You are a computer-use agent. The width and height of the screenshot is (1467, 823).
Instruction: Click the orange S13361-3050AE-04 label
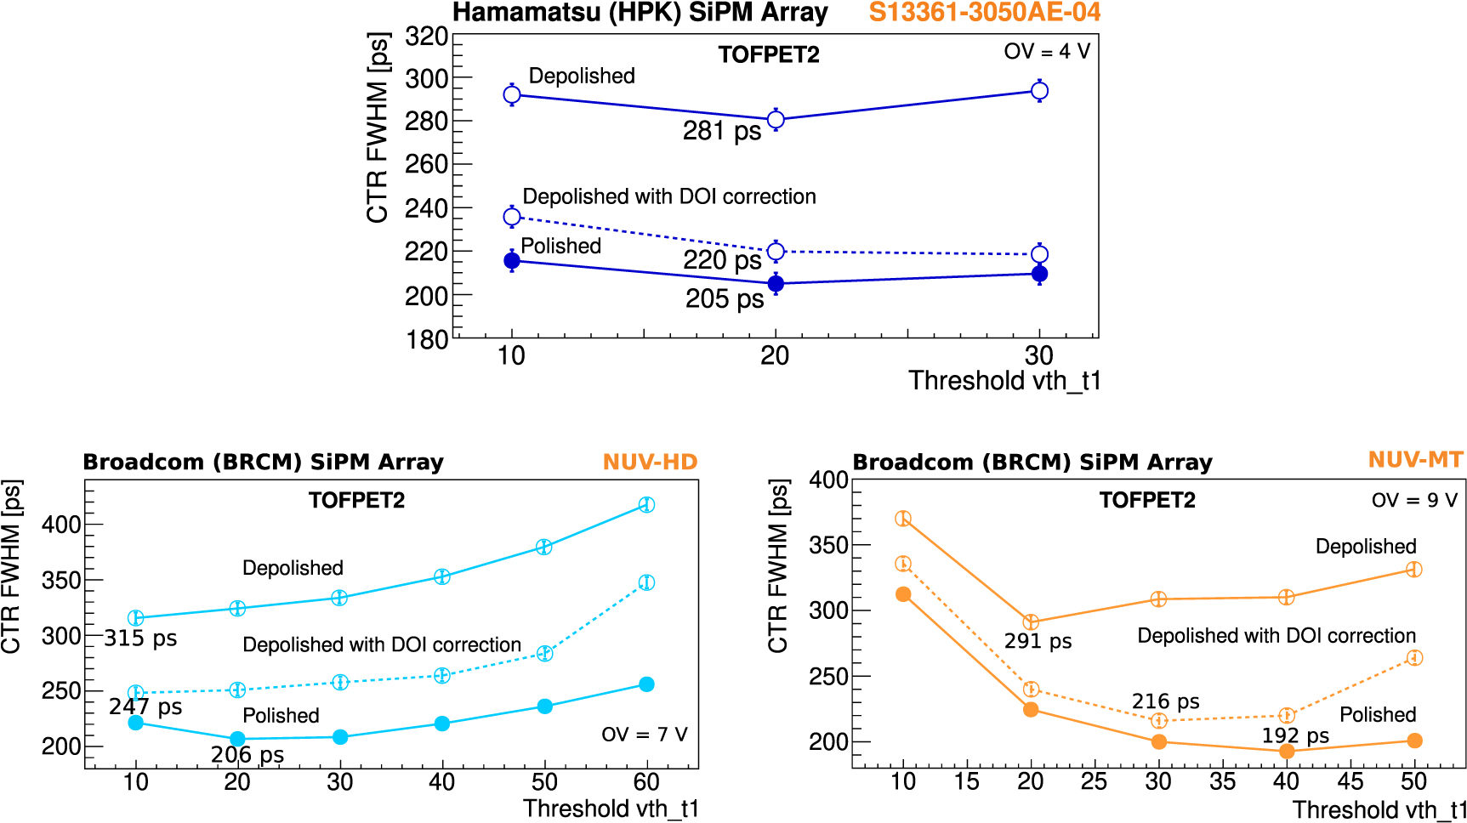coord(984,13)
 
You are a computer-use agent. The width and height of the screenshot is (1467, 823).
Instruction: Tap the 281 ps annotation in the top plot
coord(722,131)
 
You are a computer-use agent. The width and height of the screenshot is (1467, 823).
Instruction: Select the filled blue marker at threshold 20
coord(776,283)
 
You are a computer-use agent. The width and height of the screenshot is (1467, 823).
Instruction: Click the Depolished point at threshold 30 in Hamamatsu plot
coord(1039,91)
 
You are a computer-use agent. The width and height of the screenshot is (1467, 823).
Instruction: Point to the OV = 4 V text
coord(1047,51)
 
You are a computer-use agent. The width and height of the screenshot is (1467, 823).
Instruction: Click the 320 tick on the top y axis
coord(426,37)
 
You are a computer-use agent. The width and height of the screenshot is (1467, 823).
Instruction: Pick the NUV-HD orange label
coord(650,462)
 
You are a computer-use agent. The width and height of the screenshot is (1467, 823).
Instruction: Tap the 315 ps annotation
coord(140,638)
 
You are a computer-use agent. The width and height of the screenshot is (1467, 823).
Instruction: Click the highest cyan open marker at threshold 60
coord(646,504)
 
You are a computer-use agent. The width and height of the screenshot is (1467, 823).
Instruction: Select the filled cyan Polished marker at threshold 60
coord(646,684)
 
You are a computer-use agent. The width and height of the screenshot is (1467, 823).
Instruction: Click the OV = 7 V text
coord(644,734)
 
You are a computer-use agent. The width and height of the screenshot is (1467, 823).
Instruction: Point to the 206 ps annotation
coord(247,755)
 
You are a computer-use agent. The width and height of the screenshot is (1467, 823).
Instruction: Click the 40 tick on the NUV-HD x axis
coord(441,782)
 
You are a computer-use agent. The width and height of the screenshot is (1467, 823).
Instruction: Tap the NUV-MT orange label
coord(1415,460)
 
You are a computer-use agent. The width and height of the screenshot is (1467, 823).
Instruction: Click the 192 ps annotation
coord(1295,735)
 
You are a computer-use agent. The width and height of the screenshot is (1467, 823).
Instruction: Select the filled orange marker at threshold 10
coord(903,594)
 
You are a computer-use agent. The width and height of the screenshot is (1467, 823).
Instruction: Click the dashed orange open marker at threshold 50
coord(1414,657)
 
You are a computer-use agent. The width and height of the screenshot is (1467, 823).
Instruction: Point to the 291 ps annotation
coord(1038,641)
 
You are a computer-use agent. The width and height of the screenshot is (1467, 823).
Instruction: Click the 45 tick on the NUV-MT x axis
coord(1350,781)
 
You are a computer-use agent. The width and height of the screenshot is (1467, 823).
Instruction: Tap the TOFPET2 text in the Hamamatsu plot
coord(768,55)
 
